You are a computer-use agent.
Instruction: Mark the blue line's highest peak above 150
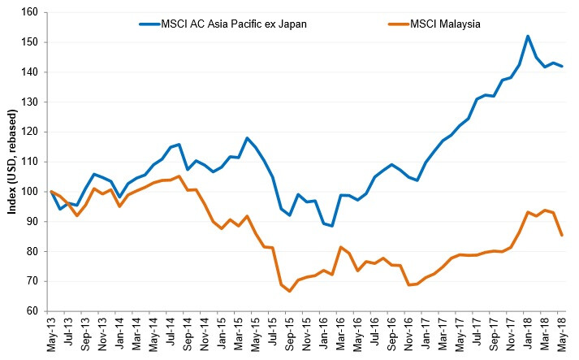click(x=528, y=36)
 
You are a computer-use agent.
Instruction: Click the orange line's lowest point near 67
click(x=290, y=291)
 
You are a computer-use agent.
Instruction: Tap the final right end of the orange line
click(x=562, y=236)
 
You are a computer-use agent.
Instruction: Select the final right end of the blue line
click(x=562, y=66)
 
